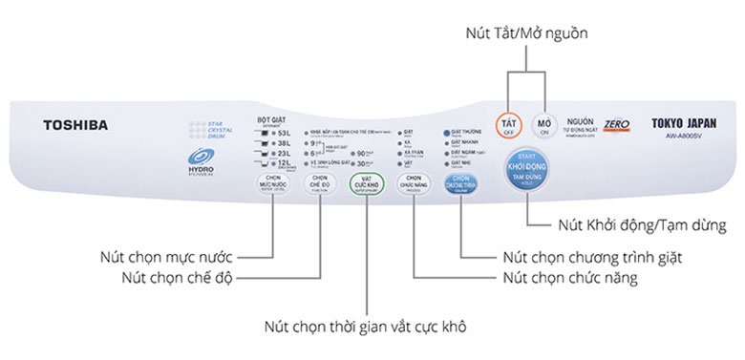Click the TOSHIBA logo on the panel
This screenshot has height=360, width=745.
click(x=74, y=125)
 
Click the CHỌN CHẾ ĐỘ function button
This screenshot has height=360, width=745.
click(x=320, y=183)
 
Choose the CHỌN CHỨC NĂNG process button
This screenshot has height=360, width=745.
click(x=413, y=183)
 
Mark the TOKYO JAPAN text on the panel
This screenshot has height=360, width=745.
click(x=684, y=123)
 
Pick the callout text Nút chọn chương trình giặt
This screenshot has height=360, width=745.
click(x=597, y=257)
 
